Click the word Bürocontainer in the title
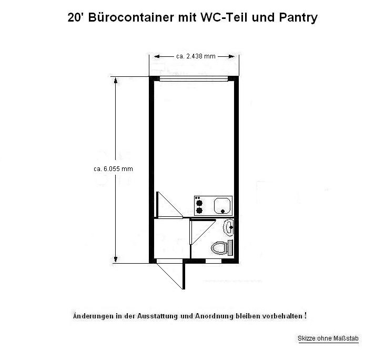[x=131, y=17]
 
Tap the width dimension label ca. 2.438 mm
[x=196, y=56]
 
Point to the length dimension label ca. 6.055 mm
[x=113, y=169]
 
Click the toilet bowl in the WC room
[x=219, y=248]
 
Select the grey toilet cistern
[x=230, y=248]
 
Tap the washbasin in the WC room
[x=228, y=227]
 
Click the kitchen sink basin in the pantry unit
[x=222, y=206]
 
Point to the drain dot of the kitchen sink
[x=222, y=211]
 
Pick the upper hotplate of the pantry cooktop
[x=199, y=203]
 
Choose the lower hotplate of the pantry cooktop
[x=199, y=211]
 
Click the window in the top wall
[x=194, y=78]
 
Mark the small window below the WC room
[x=214, y=261]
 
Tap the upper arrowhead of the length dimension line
[x=116, y=80]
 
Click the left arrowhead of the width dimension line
[x=157, y=56]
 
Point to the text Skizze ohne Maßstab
[x=328, y=338]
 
